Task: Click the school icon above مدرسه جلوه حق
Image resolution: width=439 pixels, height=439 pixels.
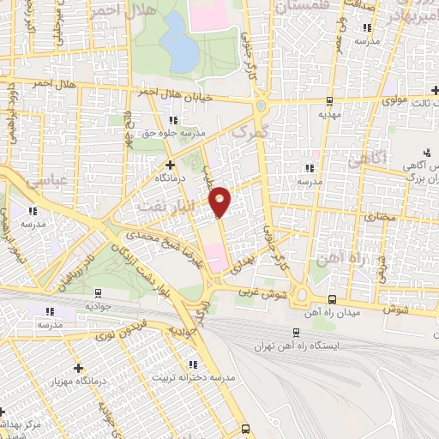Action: (175, 120)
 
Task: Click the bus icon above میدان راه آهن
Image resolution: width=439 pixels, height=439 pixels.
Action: (333, 299)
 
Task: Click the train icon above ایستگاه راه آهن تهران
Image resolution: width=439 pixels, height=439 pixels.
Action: (296, 332)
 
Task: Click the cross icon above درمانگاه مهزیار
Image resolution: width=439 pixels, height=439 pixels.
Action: (78, 366)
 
